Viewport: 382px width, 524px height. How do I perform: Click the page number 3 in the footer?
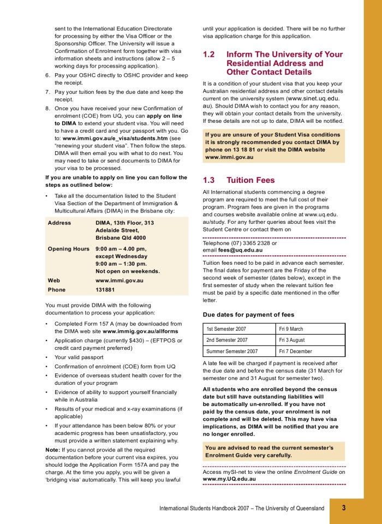344,508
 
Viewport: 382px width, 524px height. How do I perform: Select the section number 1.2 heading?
210,55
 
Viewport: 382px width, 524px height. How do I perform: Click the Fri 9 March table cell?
291,329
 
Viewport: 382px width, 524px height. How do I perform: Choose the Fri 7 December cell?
295,352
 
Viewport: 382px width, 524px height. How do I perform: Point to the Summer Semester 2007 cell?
232,352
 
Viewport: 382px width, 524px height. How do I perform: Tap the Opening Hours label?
68,249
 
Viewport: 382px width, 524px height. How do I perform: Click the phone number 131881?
105,290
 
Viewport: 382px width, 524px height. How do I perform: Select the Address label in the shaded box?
59,223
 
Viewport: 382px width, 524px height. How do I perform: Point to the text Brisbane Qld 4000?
121,238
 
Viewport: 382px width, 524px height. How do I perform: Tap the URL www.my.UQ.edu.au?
229,479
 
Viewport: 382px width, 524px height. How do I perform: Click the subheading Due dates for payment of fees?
248,314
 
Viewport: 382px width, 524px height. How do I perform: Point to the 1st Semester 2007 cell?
227,329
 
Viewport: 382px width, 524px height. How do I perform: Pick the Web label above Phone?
55,280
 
